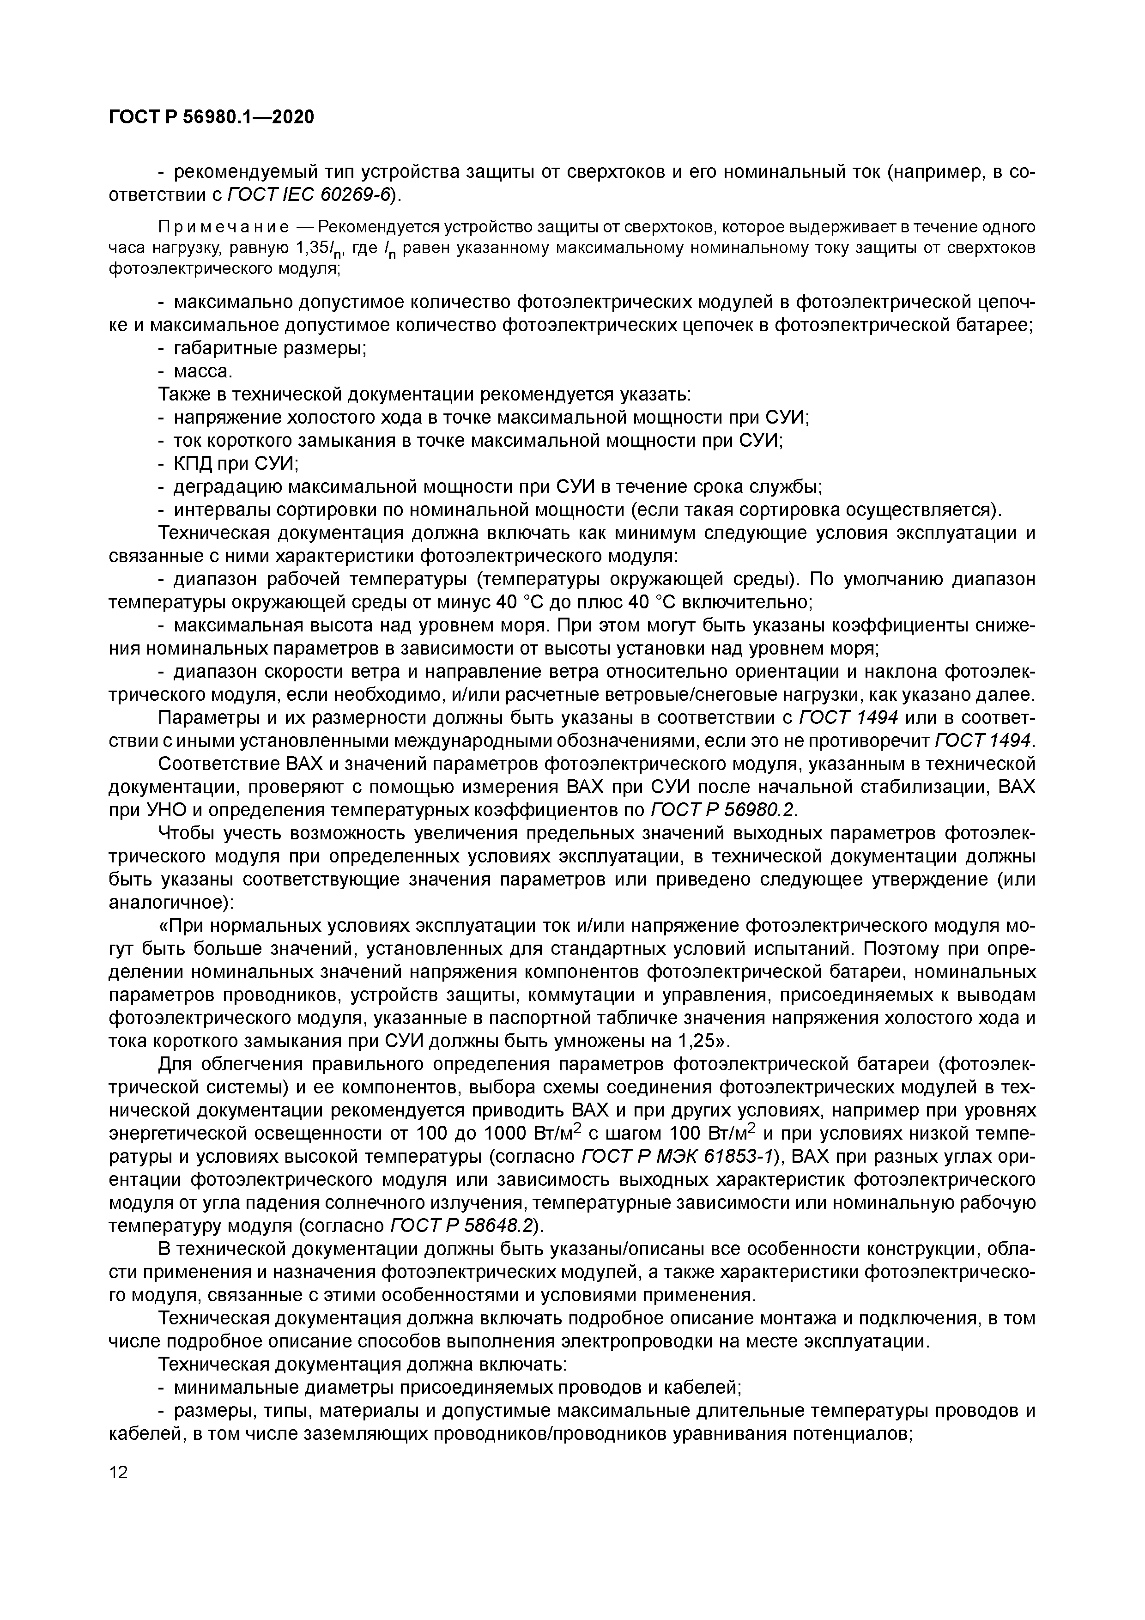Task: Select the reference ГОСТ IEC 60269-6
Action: (308, 195)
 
